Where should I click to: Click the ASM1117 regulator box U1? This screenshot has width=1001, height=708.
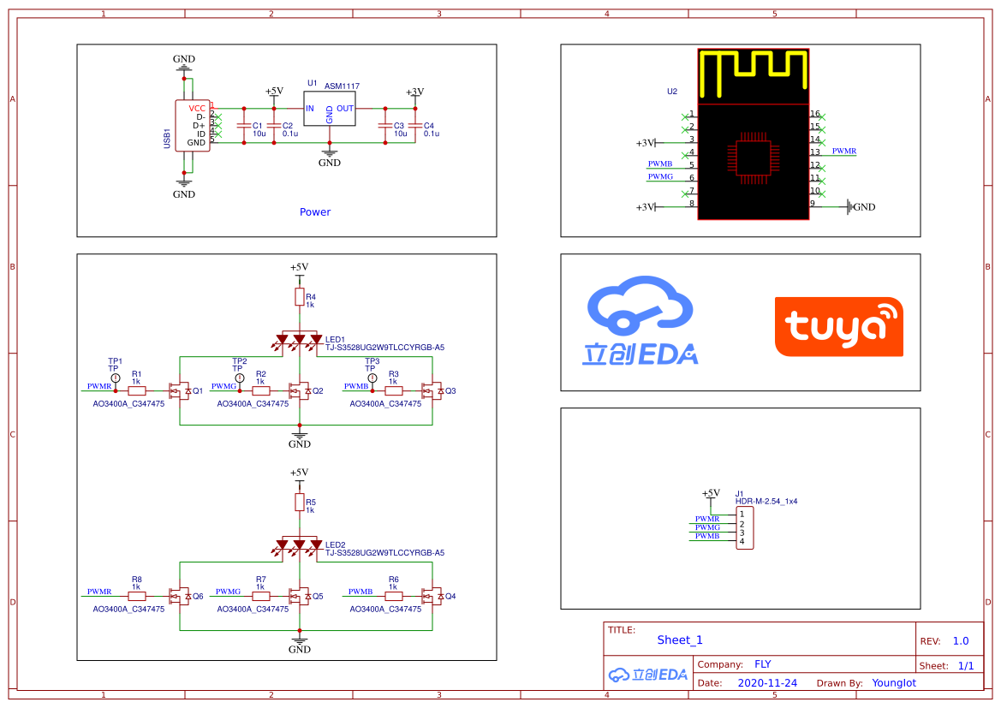point(329,109)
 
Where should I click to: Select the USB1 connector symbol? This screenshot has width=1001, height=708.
point(193,126)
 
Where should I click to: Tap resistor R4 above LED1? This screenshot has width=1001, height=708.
point(300,297)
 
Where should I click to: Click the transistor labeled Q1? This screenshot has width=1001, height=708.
point(180,390)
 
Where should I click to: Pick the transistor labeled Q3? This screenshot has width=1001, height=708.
point(432,390)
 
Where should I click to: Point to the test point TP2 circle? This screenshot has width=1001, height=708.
point(240,378)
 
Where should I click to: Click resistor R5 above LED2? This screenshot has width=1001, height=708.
point(300,503)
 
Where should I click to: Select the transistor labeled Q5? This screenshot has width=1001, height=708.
point(300,596)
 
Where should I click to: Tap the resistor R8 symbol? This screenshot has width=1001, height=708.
point(137,596)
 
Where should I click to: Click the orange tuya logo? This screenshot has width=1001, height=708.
point(839,326)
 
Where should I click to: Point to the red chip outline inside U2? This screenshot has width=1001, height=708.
point(754,158)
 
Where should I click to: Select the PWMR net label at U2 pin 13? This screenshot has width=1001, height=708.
point(844,152)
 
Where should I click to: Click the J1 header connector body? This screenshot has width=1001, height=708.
point(744,528)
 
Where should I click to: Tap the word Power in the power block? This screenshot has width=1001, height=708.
point(315,212)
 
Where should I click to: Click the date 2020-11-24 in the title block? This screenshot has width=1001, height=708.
point(767,683)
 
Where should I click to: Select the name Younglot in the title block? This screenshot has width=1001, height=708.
point(894,683)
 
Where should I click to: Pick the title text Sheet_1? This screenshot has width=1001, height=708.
point(680,640)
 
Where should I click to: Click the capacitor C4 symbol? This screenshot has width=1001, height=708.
point(415,126)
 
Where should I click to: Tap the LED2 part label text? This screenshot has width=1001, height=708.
point(335,545)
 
